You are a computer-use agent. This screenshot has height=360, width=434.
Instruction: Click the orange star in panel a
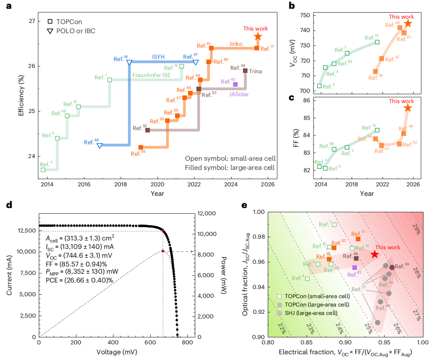tap(258, 36)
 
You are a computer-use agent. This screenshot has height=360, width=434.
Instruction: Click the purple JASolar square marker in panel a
tap(235, 84)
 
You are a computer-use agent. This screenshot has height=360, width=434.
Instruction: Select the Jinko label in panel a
tap(236, 44)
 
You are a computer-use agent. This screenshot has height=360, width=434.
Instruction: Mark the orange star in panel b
tap(408, 23)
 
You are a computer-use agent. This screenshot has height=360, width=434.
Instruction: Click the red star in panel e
tap(375, 254)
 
